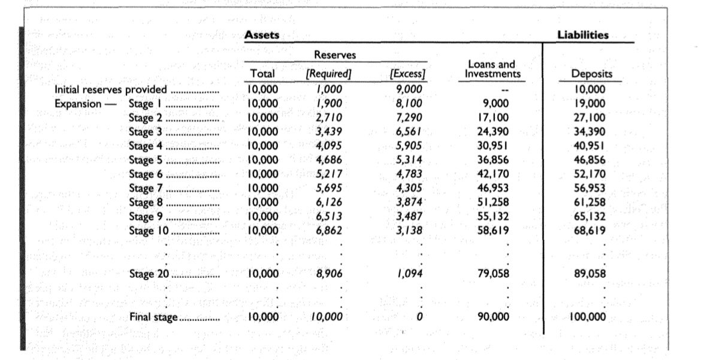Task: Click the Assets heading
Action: (x=262, y=35)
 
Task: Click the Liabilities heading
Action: (x=582, y=35)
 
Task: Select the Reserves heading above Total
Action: (x=335, y=55)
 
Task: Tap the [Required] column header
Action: (x=328, y=74)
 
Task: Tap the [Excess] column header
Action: (x=407, y=74)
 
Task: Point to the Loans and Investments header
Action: (x=491, y=69)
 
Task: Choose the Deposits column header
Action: (x=592, y=74)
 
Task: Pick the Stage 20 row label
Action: (x=149, y=274)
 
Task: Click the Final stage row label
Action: (x=153, y=317)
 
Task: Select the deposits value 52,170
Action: (x=590, y=174)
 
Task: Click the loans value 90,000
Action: (x=493, y=317)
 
